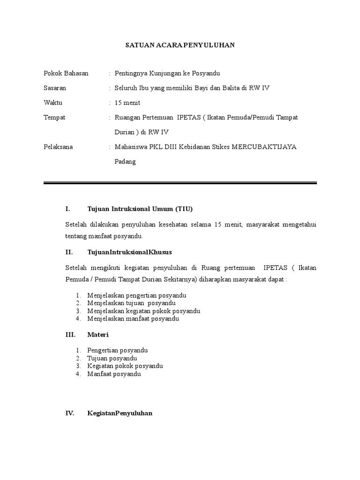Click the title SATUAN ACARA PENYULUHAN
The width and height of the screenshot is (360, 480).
[180, 45]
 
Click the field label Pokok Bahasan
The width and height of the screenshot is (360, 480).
[66, 74]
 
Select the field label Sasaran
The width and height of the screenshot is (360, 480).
[55, 88]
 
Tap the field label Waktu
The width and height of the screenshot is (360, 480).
[53, 103]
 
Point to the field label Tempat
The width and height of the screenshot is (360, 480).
[54, 117]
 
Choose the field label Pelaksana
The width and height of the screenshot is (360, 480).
[58, 147]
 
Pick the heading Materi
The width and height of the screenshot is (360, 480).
[98, 335]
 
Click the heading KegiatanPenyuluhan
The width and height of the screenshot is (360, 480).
[120, 414]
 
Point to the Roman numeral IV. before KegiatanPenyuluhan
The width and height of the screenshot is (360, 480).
[70, 414]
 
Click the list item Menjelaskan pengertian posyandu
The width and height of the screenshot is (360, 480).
[137, 295]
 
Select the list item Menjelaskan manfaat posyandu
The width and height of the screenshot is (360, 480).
[133, 319]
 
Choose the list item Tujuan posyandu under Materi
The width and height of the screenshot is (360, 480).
[112, 358]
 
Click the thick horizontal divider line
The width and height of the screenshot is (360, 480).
[180, 182]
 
